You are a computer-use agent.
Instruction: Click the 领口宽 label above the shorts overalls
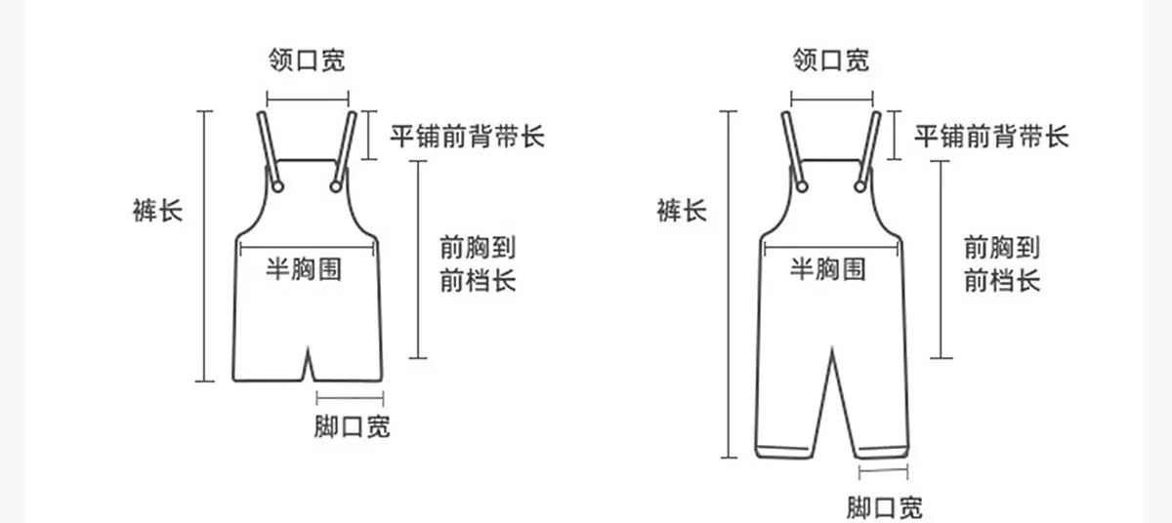[x=307, y=60]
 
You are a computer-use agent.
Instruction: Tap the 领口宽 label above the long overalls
[x=831, y=60]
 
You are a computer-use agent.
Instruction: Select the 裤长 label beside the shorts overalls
[x=157, y=211]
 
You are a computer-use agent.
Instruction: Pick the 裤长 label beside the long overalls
[x=682, y=211]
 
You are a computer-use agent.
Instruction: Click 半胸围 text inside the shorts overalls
[x=304, y=269]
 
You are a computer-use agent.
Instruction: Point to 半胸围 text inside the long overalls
[x=828, y=269]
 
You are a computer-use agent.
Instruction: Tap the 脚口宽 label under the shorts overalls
[x=353, y=426]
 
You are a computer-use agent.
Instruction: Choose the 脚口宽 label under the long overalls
[x=885, y=506]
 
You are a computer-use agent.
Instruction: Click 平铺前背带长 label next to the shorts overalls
[x=467, y=137]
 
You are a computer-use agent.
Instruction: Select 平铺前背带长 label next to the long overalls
[x=991, y=137]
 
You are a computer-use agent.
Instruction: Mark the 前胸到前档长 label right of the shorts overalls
[x=478, y=263]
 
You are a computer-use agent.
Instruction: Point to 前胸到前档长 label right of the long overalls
[x=1002, y=263]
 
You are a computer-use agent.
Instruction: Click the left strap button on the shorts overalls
[x=277, y=186]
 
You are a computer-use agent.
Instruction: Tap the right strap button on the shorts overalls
[x=336, y=186]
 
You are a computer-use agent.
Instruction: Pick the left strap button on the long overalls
[x=802, y=186]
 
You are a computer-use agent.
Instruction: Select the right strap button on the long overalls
[x=860, y=186]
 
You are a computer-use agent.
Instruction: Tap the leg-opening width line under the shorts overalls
[x=350, y=399]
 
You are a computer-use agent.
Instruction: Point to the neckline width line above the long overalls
[x=832, y=99]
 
